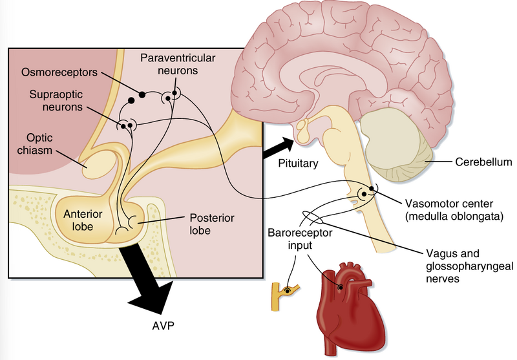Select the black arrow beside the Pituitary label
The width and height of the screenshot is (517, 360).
276,148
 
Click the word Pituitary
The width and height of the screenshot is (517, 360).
297,164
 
